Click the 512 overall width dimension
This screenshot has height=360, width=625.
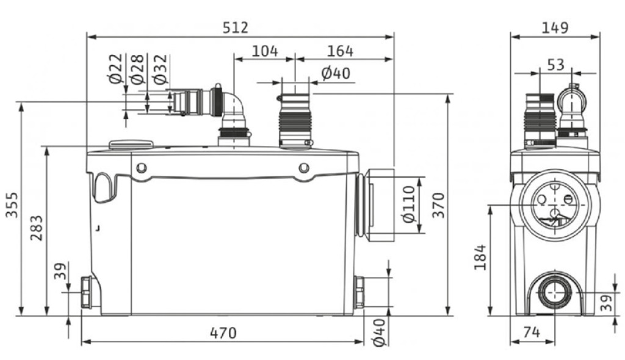tap(235, 27)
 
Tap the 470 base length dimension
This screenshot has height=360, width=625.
tap(223, 333)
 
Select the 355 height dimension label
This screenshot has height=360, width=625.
tap(12, 205)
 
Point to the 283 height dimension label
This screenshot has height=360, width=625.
tap(37, 228)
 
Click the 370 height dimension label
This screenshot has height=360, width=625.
tap(438, 205)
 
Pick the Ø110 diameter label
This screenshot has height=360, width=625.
tap(409, 204)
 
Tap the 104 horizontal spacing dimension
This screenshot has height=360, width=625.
tap(265, 51)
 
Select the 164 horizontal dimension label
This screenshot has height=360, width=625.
tap(340, 51)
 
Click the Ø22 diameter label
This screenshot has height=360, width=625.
tap(115, 68)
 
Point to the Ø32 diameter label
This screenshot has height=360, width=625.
tap(161, 68)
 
